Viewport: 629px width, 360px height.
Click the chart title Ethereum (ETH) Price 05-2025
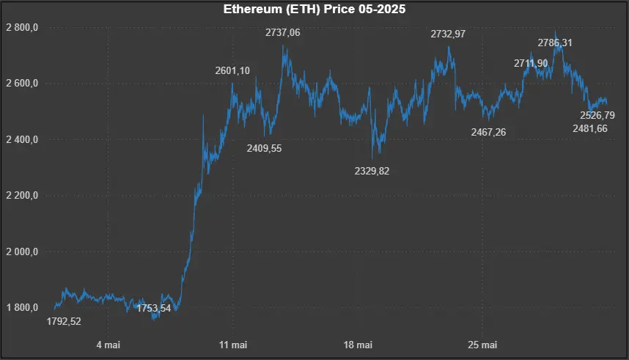pos(314,10)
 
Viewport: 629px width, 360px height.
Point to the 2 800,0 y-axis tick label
pos(22,27)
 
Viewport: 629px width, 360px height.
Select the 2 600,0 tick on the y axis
pos(22,84)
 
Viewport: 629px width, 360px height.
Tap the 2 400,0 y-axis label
pos(22,139)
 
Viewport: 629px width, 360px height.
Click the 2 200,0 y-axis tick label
pos(22,196)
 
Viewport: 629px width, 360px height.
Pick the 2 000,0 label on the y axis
pos(22,251)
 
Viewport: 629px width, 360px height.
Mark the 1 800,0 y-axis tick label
pos(22,308)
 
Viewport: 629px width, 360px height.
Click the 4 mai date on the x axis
pos(108,345)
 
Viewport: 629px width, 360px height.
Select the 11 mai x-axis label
pos(233,345)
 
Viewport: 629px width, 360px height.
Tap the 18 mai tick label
pos(358,345)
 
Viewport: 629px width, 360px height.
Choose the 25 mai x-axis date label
pos(484,345)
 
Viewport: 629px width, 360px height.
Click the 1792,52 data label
pos(64,321)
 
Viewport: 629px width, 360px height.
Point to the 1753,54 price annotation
pos(154,308)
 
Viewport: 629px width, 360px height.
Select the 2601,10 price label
pos(232,70)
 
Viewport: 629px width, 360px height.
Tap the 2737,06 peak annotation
pos(282,32)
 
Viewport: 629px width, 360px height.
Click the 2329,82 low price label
pos(372,170)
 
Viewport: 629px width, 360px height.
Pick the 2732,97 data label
pos(447,34)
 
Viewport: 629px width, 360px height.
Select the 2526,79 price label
pos(597,115)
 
